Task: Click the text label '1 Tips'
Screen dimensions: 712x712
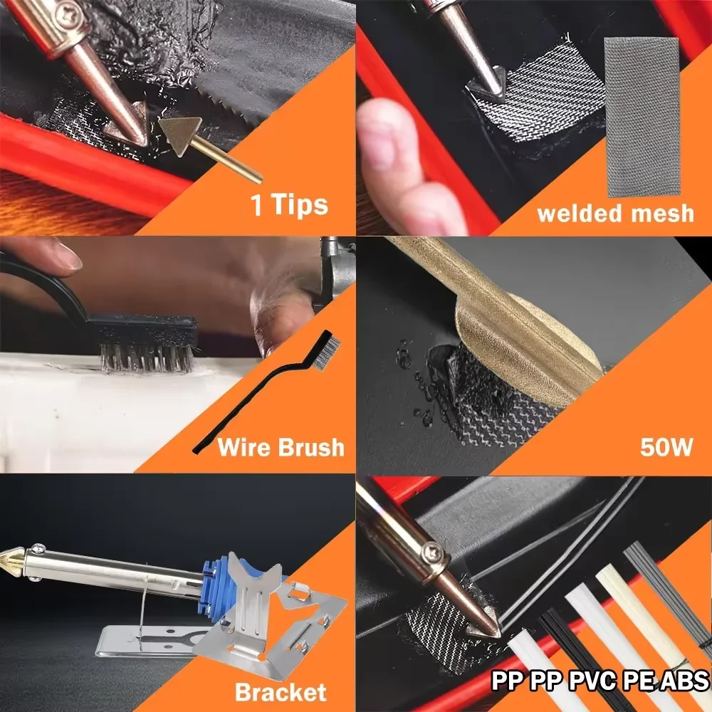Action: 289,205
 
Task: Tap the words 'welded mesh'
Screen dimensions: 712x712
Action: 615,213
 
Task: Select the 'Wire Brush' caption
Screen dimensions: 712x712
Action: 281,448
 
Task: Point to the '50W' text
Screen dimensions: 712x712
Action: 666,448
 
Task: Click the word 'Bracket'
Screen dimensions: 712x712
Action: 281,691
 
